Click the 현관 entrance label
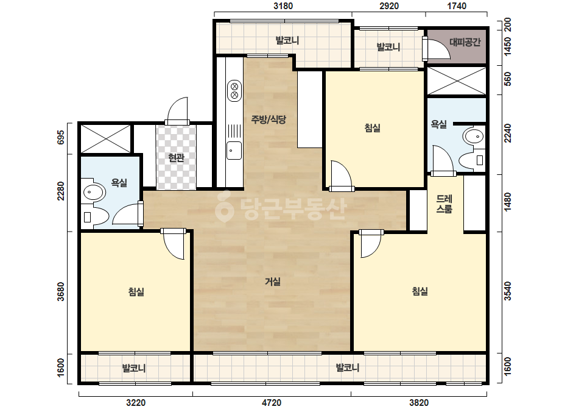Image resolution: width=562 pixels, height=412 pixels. click(x=177, y=158)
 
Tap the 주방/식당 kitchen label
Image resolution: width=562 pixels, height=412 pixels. click(x=269, y=119)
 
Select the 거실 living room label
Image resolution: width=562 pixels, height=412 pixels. click(x=272, y=282)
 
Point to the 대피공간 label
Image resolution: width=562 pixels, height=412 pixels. click(x=465, y=42)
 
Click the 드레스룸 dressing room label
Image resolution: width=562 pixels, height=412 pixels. click(x=444, y=204)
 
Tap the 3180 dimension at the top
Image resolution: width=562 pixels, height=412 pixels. click(x=283, y=6)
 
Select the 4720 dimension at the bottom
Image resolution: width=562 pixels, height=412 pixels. click(x=272, y=403)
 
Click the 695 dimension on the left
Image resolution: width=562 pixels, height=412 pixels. click(x=60, y=138)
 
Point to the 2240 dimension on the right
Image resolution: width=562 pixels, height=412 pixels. click(x=508, y=133)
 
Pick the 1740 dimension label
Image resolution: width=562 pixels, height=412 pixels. click(x=457, y=6)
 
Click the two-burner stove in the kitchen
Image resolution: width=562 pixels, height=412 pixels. click(x=234, y=90)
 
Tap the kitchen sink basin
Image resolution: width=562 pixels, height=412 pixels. click(x=234, y=151)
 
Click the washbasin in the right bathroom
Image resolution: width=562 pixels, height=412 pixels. click(x=473, y=137)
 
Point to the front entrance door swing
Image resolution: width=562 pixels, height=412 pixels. click(x=177, y=110)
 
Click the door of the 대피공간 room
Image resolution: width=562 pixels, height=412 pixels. click(x=436, y=49)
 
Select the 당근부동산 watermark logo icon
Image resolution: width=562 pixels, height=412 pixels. click(x=224, y=207)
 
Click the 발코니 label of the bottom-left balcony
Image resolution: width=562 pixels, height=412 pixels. click(x=134, y=368)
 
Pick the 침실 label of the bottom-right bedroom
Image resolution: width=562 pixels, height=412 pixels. click(x=420, y=291)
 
